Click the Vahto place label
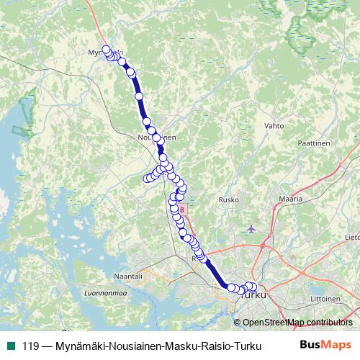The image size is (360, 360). click(x=274, y=125)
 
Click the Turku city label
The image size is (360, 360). click(x=254, y=295)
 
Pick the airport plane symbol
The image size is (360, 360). click(x=251, y=229)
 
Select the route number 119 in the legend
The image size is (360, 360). click(x=30, y=346)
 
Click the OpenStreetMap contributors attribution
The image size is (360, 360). click(x=297, y=323)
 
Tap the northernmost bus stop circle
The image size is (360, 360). click(x=107, y=50)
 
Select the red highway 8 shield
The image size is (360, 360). click(x=182, y=210)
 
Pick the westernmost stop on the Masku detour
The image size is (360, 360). click(x=146, y=179)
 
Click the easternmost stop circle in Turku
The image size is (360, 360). click(x=253, y=287)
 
